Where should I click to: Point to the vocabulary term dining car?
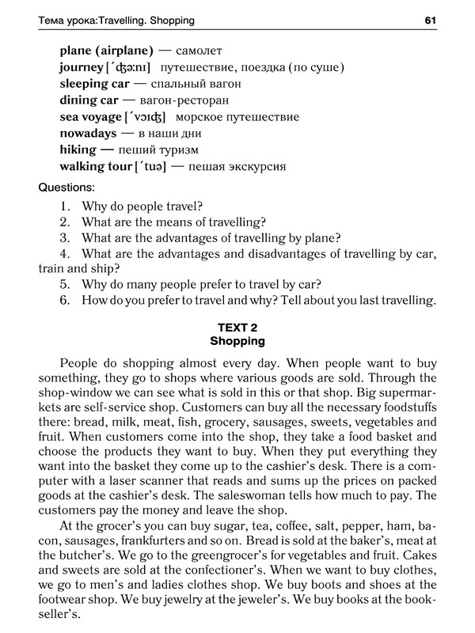89,100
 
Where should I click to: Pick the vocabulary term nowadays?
88,133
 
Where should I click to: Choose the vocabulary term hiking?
80,150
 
